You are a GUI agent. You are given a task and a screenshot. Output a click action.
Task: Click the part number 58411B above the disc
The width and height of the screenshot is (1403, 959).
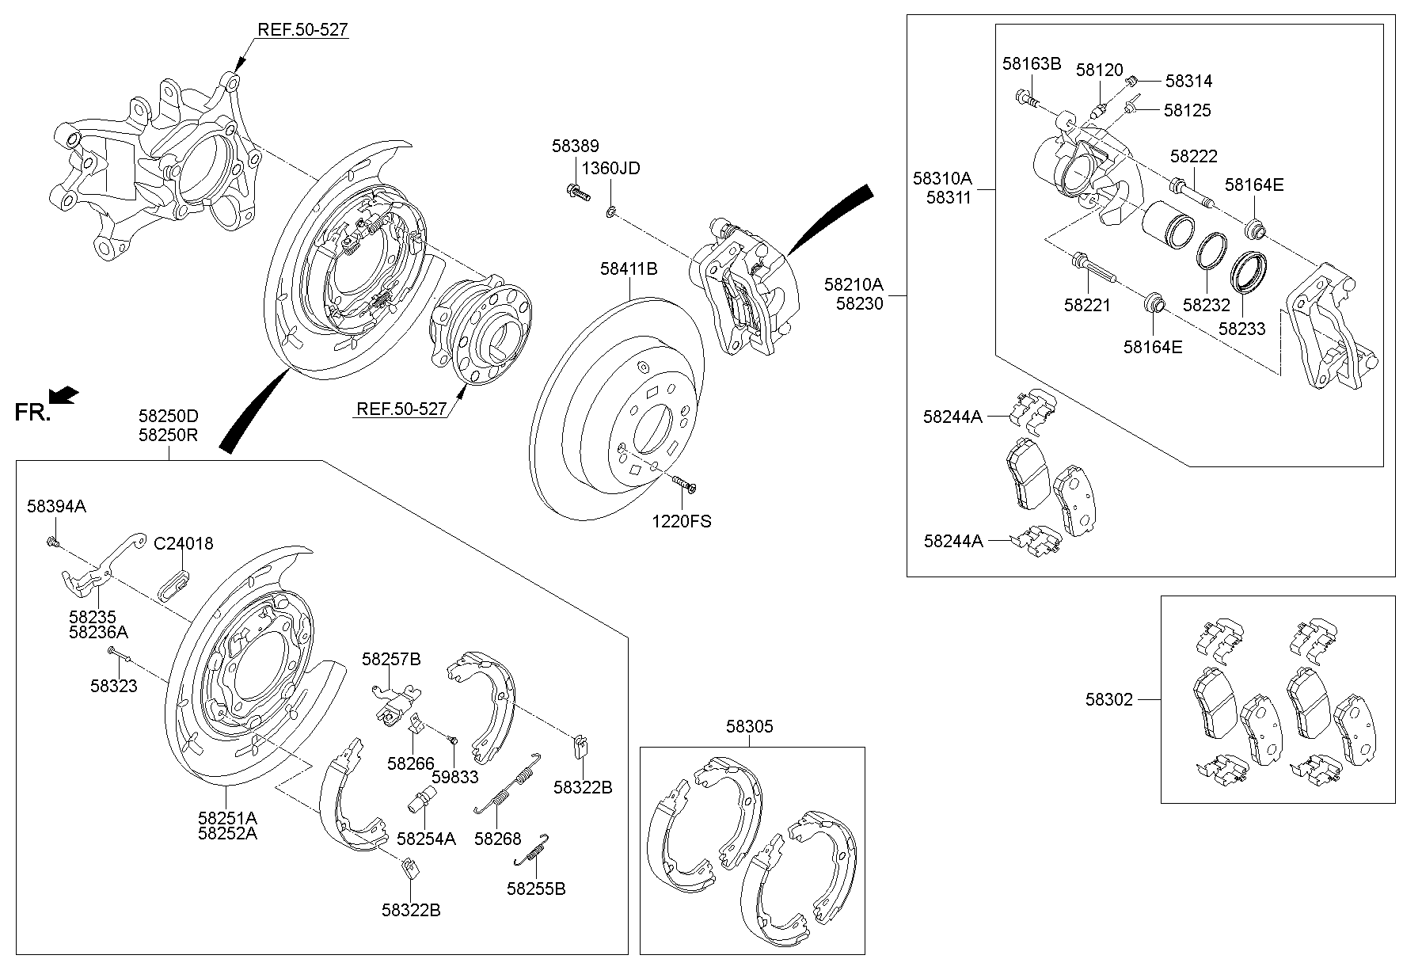click(x=629, y=269)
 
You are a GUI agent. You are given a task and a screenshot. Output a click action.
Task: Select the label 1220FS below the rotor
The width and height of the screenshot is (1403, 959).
click(x=682, y=521)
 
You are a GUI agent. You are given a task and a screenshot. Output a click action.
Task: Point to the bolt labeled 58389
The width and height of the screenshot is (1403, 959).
click(x=576, y=191)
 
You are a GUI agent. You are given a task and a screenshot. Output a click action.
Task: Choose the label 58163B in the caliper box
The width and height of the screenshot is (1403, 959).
click(x=1031, y=64)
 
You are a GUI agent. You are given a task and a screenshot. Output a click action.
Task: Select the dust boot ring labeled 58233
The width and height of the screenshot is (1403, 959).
click(x=1249, y=272)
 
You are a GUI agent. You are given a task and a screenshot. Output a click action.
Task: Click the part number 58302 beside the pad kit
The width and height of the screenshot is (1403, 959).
click(x=1108, y=699)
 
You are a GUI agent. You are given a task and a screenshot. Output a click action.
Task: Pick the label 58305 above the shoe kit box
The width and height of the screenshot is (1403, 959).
click(x=749, y=726)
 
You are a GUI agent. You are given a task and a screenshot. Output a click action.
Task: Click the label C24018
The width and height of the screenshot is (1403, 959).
click(x=183, y=544)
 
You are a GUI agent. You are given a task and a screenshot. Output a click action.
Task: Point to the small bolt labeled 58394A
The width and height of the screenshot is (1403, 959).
click(x=52, y=542)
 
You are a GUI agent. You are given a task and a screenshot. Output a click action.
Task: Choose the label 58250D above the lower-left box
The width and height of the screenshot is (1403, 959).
click(x=168, y=416)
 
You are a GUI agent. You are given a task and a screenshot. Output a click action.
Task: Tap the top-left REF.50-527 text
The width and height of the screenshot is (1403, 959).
click(x=302, y=30)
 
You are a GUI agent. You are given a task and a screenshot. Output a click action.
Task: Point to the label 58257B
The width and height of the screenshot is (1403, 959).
click(x=391, y=659)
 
